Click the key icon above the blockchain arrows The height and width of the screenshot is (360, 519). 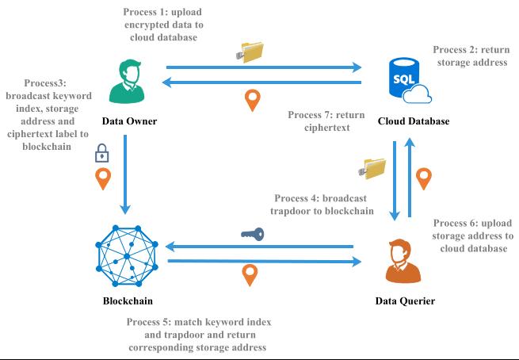tap(253, 234)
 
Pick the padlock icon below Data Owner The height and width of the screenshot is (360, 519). tap(101, 152)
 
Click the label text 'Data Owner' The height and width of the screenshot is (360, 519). tap(130, 121)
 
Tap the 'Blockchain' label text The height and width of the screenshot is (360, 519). tap(128, 301)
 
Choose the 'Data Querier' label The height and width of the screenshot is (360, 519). tap(405, 301)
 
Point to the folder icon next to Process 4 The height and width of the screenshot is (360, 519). tap(372, 167)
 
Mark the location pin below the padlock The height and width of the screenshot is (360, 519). tap(102, 178)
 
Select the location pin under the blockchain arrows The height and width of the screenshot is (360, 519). tap(250, 274)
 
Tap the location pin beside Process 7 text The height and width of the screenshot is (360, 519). tap(252, 101)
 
